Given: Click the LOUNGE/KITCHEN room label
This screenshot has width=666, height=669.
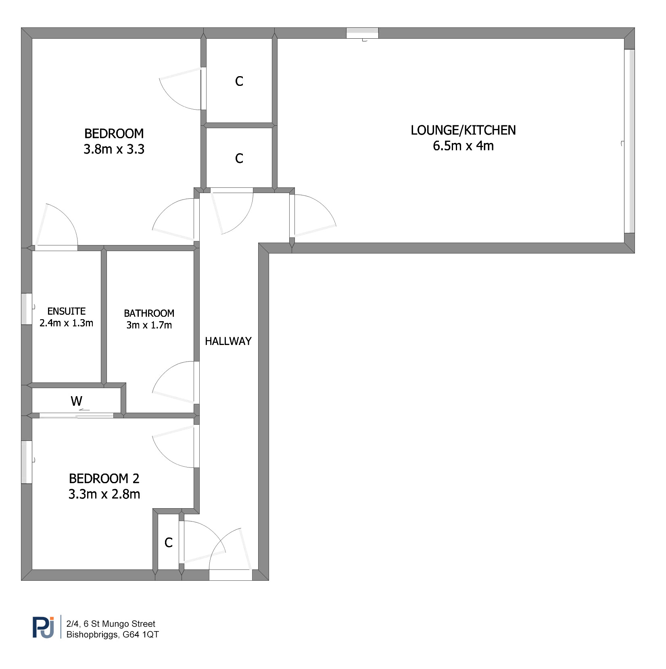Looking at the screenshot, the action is point(463,130).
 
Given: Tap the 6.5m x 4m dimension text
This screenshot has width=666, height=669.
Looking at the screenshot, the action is point(463,146).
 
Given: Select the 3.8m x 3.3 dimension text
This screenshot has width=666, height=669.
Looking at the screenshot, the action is point(114,150).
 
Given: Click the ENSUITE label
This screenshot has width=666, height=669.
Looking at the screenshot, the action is point(67,311).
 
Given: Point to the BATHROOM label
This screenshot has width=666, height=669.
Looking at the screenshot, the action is point(149,313).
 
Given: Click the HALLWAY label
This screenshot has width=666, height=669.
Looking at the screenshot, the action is point(228,341).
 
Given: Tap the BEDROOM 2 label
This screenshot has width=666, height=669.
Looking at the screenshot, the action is point(104,479).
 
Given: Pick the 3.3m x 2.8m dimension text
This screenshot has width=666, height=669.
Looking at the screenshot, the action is point(104,494).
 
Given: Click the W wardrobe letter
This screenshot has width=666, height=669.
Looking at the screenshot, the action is point(77,401).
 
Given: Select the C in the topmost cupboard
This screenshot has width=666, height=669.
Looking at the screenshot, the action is point(239,81).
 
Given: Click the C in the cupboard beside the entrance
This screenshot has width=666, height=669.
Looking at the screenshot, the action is point(169,543).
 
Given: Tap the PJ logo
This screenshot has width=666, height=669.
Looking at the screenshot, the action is point(43,627).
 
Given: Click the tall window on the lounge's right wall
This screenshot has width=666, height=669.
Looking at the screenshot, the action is point(629,141).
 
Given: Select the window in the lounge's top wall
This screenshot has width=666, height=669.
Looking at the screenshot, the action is point(362,33).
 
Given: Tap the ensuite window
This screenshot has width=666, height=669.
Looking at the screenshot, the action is point(27,309).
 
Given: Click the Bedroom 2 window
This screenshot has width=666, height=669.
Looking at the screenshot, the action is point(27,462).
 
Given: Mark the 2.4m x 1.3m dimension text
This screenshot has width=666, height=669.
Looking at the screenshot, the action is point(67,323).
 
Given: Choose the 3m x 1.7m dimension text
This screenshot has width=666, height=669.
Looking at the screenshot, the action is point(149,325).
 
